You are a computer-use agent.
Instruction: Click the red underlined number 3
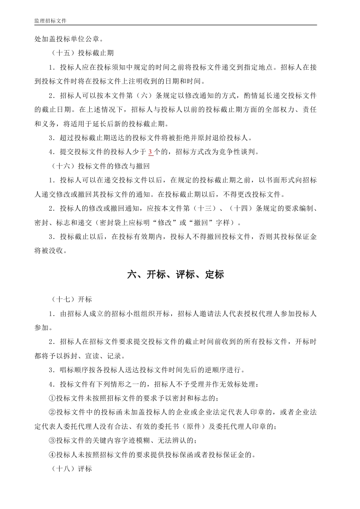click(x=150, y=152)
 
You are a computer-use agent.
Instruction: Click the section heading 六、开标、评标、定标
click(x=176, y=275)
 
